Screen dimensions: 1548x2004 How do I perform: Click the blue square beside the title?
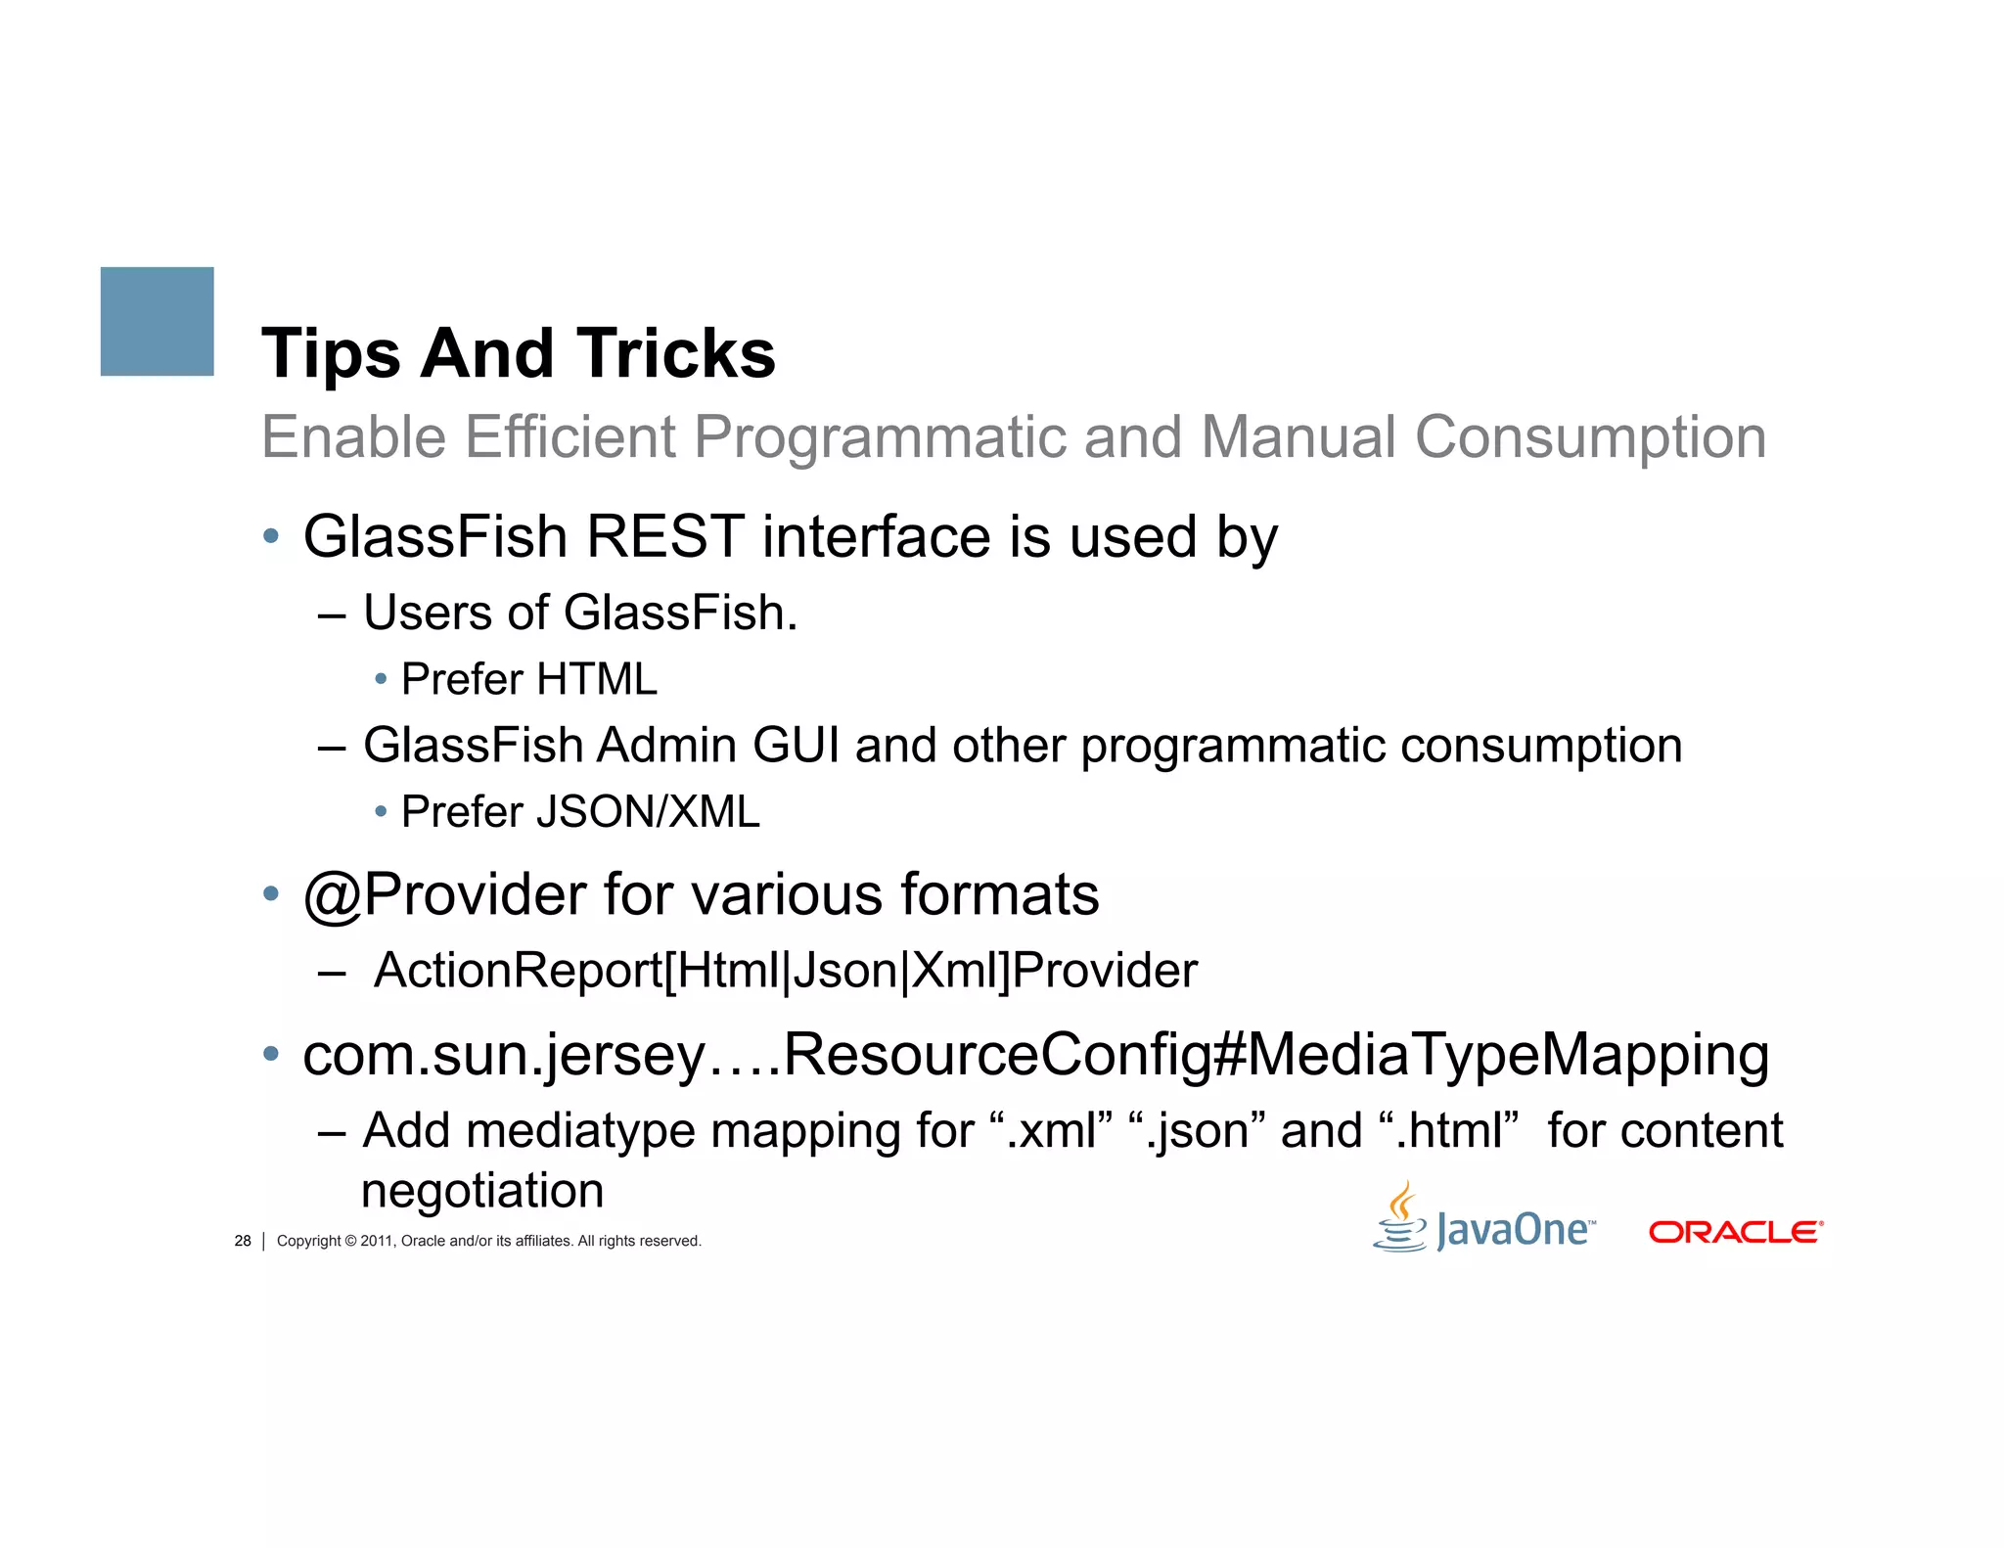coord(157,321)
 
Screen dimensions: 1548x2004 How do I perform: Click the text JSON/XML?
coord(648,812)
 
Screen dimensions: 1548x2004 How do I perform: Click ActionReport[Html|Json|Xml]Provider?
coord(785,971)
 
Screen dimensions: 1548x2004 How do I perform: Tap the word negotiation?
coord(482,1191)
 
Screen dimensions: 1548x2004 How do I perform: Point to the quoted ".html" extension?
coord(1448,1131)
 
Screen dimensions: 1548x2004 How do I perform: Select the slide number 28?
coord(243,1241)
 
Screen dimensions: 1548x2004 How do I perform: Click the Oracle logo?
coord(1735,1232)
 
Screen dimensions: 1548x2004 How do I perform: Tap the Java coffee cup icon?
coord(1400,1218)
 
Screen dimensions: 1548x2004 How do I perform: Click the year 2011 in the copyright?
coord(377,1241)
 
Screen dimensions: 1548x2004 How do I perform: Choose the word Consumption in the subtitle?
coord(1590,436)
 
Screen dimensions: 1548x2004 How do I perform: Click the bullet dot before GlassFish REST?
coord(271,536)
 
